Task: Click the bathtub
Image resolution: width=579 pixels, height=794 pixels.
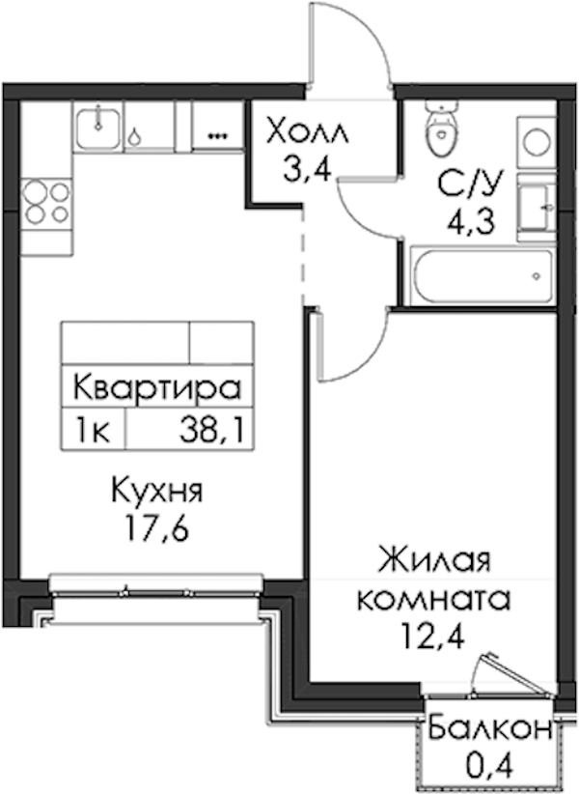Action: coord(482,276)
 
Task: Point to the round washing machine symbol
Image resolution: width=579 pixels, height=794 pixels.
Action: coord(537,141)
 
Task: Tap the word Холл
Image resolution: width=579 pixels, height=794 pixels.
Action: coord(308,130)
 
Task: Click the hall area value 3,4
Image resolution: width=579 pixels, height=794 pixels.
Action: coord(308,170)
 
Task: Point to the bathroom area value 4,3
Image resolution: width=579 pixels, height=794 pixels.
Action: coord(470,221)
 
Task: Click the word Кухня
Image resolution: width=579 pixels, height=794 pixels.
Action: coord(157,491)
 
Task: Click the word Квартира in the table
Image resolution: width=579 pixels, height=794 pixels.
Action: coord(156,388)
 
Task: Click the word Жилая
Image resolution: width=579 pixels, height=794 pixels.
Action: coord(436,561)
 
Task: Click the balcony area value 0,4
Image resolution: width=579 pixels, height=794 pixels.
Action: coord(488,767)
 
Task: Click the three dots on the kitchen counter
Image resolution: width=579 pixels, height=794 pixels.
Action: coord(218,135)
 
